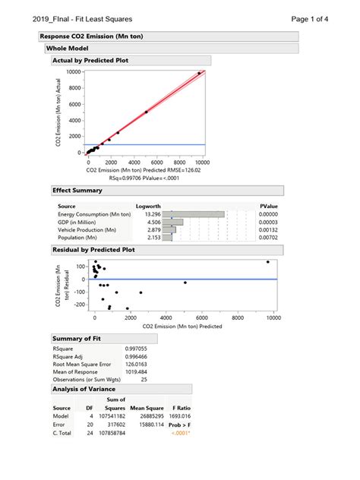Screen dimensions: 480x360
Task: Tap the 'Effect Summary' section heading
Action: [77, 191]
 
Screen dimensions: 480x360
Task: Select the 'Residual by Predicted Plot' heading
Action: [93, 249]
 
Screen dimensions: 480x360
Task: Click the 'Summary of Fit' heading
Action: [76, 338]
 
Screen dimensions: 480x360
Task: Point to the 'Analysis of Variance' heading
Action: [84, 389]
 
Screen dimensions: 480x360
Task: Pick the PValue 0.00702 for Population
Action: [267, 237]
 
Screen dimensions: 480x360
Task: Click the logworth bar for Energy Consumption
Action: [199, 214]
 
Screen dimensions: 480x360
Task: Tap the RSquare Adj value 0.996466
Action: [137, 355]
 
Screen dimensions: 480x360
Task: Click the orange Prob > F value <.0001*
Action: [179, 433]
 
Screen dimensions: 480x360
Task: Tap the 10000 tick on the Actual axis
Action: [73, 71]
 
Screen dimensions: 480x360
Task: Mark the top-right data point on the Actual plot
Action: [199, 74]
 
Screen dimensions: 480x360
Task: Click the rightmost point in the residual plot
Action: [268, 262]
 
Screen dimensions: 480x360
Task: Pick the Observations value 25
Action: [144, 379]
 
